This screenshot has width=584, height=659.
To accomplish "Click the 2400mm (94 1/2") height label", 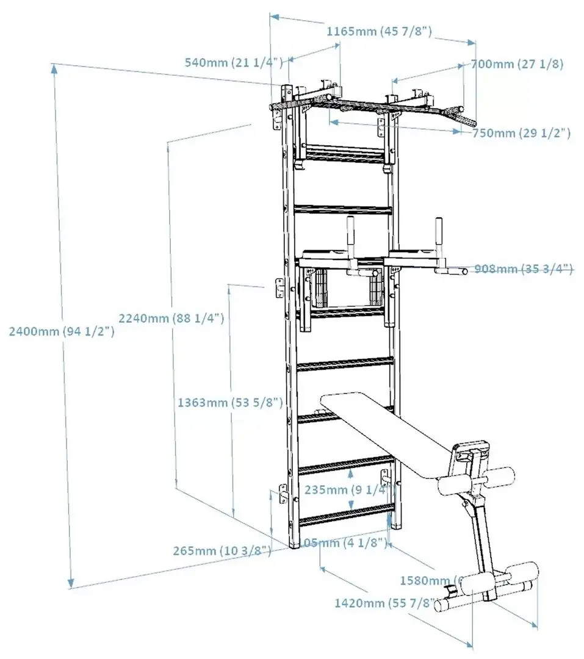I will [62, 331].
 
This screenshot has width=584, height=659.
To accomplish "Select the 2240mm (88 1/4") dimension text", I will [172, 318].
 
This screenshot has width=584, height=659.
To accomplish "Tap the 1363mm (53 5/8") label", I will [229, 403].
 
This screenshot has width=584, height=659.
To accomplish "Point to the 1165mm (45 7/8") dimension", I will [379, 31].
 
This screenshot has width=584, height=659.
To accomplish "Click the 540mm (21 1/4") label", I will [234, 62].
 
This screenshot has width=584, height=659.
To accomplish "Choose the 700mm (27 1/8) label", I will [517, 63].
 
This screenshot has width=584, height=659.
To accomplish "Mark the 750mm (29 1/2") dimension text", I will [521, 133].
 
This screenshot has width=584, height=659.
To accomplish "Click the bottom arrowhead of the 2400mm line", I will [72, 583].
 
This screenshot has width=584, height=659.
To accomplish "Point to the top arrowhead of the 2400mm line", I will [55, 68].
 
